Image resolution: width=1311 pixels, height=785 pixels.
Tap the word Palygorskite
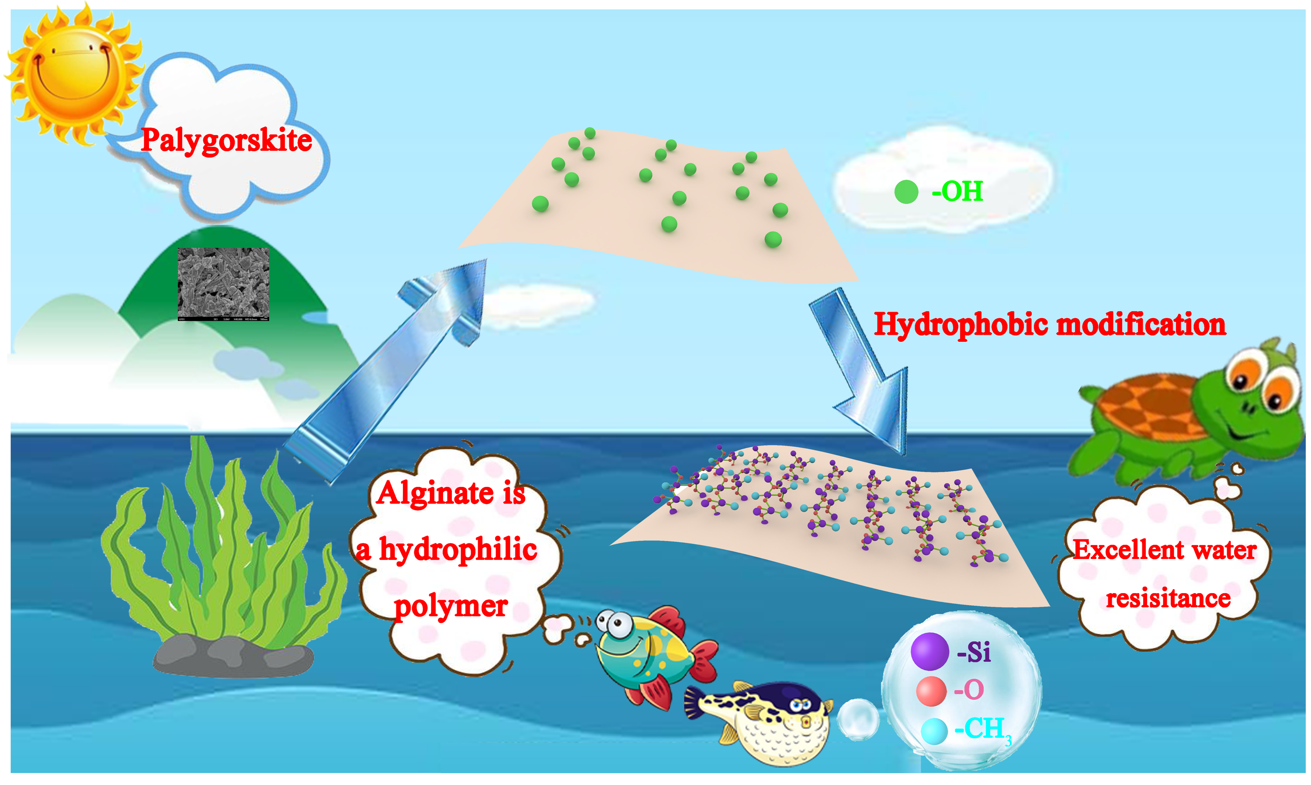click(x=226, y=141)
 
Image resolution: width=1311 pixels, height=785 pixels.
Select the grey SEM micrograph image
click(x=223, y=284)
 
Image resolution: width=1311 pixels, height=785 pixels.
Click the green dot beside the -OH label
click(x=906, y=192)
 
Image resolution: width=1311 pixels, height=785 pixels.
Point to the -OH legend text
click(x=957, y=191)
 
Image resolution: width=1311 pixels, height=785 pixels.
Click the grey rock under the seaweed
click(x=232, y=656)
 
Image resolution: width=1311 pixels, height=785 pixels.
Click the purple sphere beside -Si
click(x=929, y=651)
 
